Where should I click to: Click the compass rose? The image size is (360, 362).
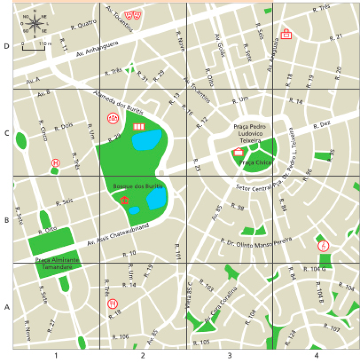click(x=34, y=22)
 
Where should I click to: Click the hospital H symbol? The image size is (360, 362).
click(x=55, y=162)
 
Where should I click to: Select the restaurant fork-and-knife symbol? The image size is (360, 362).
click(x=113, y=304)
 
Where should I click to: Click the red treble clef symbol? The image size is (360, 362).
click(x=324, y=246)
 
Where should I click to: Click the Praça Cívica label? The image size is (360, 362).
click(x=255, y=162)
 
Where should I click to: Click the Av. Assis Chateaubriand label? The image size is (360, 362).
click(x=118, y=236)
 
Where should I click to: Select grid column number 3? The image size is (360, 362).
click(x=229, y=355)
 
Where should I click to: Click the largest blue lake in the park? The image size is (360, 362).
click(x=146, y=140)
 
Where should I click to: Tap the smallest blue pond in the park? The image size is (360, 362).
click(x=134, y=210)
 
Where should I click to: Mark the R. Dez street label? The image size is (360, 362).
click(x=322, y=126)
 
